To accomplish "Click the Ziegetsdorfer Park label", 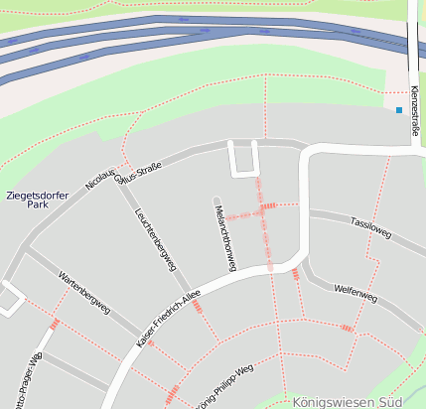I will [x=36, y=201].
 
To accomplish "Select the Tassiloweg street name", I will [x=371, y=228].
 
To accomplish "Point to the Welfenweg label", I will [x=355, y=294].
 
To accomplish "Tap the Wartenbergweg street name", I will [x=84, y=302].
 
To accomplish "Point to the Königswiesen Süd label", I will [x=348, y=402].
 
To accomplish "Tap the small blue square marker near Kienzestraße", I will [x=399, y=109].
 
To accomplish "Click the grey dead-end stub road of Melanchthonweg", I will [x=216, y=202].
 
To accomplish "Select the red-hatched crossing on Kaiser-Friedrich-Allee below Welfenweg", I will [x=295, y=274].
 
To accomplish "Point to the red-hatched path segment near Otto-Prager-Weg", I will [x=55, y=324].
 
